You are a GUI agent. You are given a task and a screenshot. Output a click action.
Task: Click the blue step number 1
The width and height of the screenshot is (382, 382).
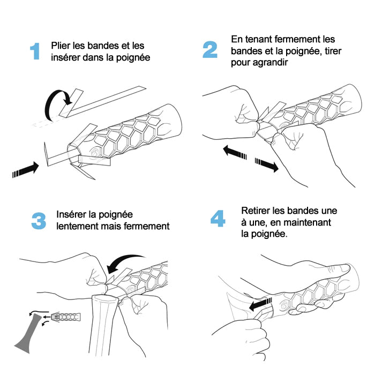pos(35,51)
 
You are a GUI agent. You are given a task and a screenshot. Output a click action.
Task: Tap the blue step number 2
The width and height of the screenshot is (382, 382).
pos(210,49)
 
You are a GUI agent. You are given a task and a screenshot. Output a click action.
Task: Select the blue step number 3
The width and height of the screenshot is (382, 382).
pos(39,221)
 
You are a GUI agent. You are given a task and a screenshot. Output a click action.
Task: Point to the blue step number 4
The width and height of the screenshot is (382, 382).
pos(218,219)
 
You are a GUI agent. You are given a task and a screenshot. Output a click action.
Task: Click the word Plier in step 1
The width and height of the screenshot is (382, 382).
pos(61,46)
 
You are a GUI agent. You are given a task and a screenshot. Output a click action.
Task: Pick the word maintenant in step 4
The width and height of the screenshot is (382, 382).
pos(307,222)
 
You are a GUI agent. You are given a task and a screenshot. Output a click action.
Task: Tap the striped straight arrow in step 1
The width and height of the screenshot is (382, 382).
pos(26,170)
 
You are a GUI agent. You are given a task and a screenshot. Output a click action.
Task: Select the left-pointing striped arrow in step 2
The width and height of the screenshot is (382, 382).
pos(235,153)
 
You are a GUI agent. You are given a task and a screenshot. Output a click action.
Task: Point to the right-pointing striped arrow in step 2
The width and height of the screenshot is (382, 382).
pos(267,164)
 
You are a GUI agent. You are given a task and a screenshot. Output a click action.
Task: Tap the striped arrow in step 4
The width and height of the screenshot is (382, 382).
pos(260,304)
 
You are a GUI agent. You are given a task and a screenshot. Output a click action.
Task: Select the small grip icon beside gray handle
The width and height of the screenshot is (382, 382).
pos(66,317)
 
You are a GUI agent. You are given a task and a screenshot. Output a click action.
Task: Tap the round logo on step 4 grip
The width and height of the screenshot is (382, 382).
pos(284,305)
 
